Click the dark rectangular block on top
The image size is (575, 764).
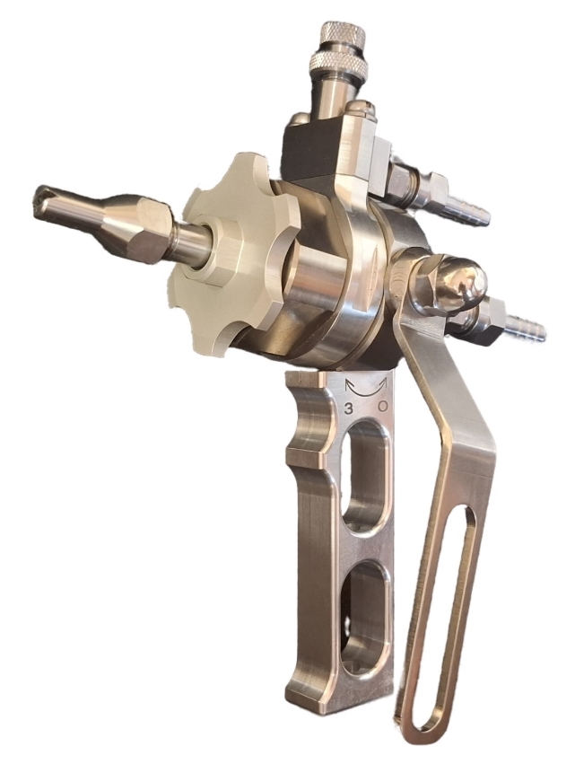(x=311, y=156)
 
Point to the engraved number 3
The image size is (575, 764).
(x=349, y=408)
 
